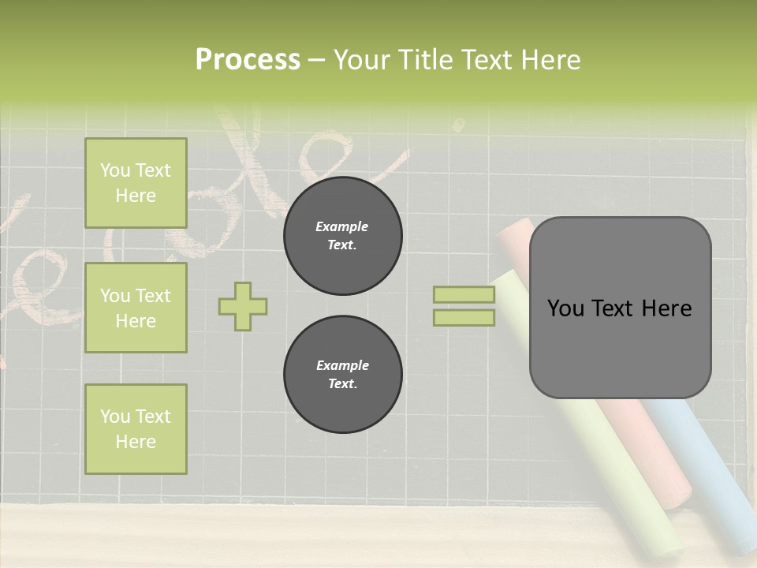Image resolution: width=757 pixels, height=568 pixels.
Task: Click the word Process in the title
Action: (248, 60)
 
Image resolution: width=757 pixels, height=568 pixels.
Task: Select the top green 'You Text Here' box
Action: (136, 183)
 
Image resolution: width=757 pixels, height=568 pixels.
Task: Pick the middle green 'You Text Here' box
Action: (136, 308)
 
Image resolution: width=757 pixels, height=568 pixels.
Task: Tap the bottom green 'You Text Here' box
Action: (136, 428)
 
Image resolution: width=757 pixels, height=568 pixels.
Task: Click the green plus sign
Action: (243, 306)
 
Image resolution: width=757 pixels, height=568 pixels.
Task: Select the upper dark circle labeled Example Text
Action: (342, 235)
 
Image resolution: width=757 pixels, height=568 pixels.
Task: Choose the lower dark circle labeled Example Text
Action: (342, 374)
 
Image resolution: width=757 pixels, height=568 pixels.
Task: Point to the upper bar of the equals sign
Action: (464, 294)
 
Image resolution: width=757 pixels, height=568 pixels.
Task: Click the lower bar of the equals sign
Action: (464, 317)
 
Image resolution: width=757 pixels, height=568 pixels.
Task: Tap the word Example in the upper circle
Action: (341, 226)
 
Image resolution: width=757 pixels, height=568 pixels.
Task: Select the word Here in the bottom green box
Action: (136, 442)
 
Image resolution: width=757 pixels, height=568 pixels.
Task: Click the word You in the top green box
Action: (115, 170)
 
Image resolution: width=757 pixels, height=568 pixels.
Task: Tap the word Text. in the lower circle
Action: (342, 383)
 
